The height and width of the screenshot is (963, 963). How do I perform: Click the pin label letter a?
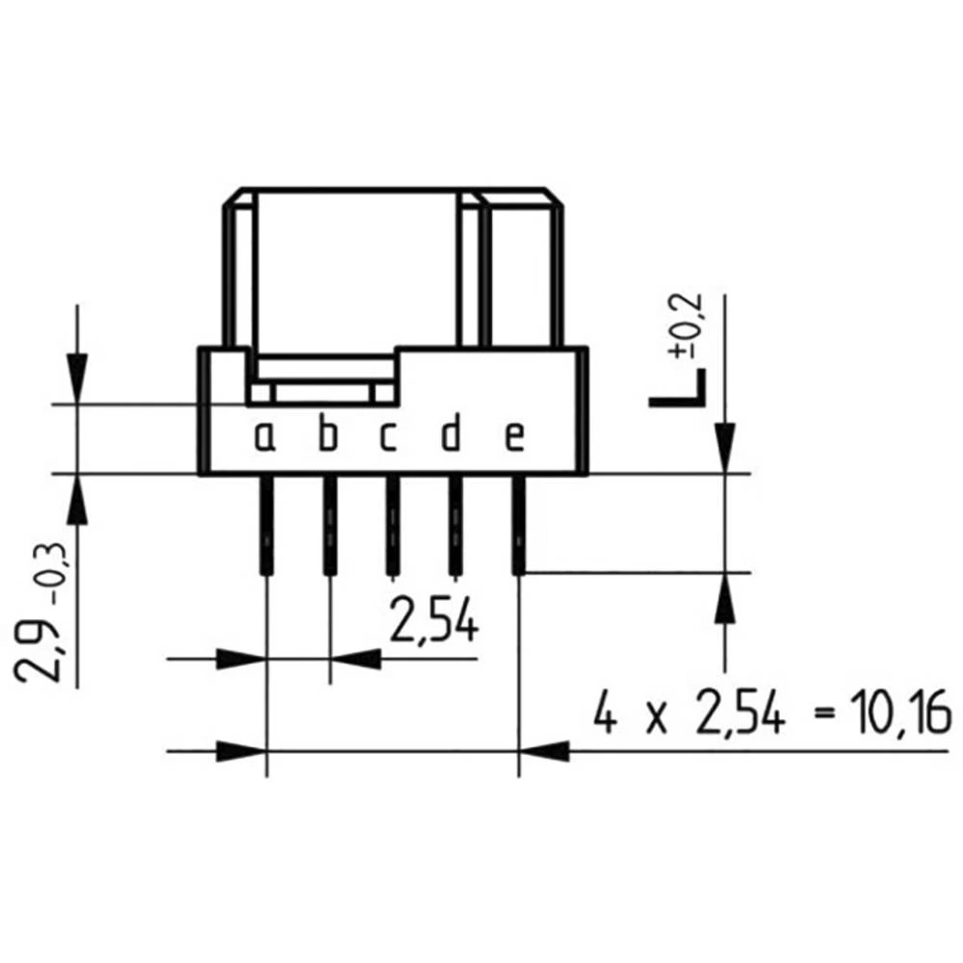pyautogui.click(x=265, y=438)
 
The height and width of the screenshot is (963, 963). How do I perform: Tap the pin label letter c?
pyautogui.click(x=388, y=438)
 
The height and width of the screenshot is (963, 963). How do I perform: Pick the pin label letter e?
pyautogui.click(x=515, y=438)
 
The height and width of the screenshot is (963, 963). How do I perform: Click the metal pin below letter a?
pyautogui.click(x=265, y=526)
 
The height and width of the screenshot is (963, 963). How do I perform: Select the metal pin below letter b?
pyautogui.click(x=329, y=526)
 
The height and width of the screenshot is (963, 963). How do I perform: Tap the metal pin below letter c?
pyautogui.click(x=392, y=526)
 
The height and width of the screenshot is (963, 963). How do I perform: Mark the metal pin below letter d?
pyautogui.click(x=453, y=526)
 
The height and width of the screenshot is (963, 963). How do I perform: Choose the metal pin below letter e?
pyautogui.click(x=519, y=526)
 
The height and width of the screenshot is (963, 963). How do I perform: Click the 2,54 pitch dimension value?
pyautogui.click(x=433, y=621)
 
